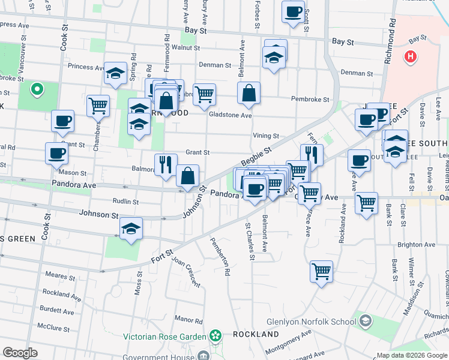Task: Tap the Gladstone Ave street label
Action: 230,115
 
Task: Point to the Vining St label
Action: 266,136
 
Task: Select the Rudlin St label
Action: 126,202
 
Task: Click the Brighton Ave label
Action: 415,245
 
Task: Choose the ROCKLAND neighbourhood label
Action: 256,334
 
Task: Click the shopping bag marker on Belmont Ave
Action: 249,94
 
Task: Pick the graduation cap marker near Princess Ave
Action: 115,73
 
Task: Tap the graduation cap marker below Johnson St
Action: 131,229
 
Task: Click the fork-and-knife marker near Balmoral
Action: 166,164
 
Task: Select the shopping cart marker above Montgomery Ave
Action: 322,271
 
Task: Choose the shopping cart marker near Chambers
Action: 98,106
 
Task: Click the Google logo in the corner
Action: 20,352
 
